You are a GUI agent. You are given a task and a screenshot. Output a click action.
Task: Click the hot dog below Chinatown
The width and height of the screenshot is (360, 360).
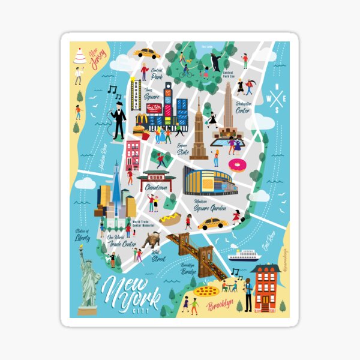[x=170, y=218]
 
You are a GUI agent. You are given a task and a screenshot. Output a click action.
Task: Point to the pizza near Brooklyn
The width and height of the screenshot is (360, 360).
[x=206, y=291]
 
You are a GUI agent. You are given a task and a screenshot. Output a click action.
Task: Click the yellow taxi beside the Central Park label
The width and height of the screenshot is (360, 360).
[x=147, y=53]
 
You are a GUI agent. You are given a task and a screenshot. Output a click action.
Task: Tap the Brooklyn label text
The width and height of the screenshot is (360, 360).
[x=220, y=306]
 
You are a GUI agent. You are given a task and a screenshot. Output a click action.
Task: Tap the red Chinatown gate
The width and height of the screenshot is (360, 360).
[x=157, y=177]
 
